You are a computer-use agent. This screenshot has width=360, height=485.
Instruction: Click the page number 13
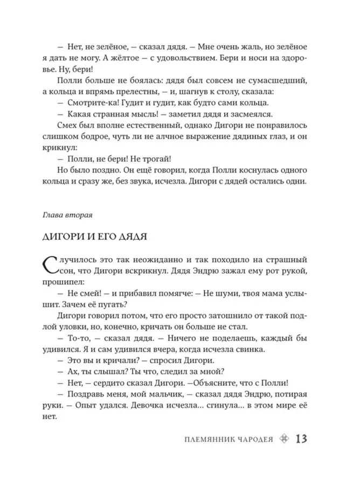pos(301,439)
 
